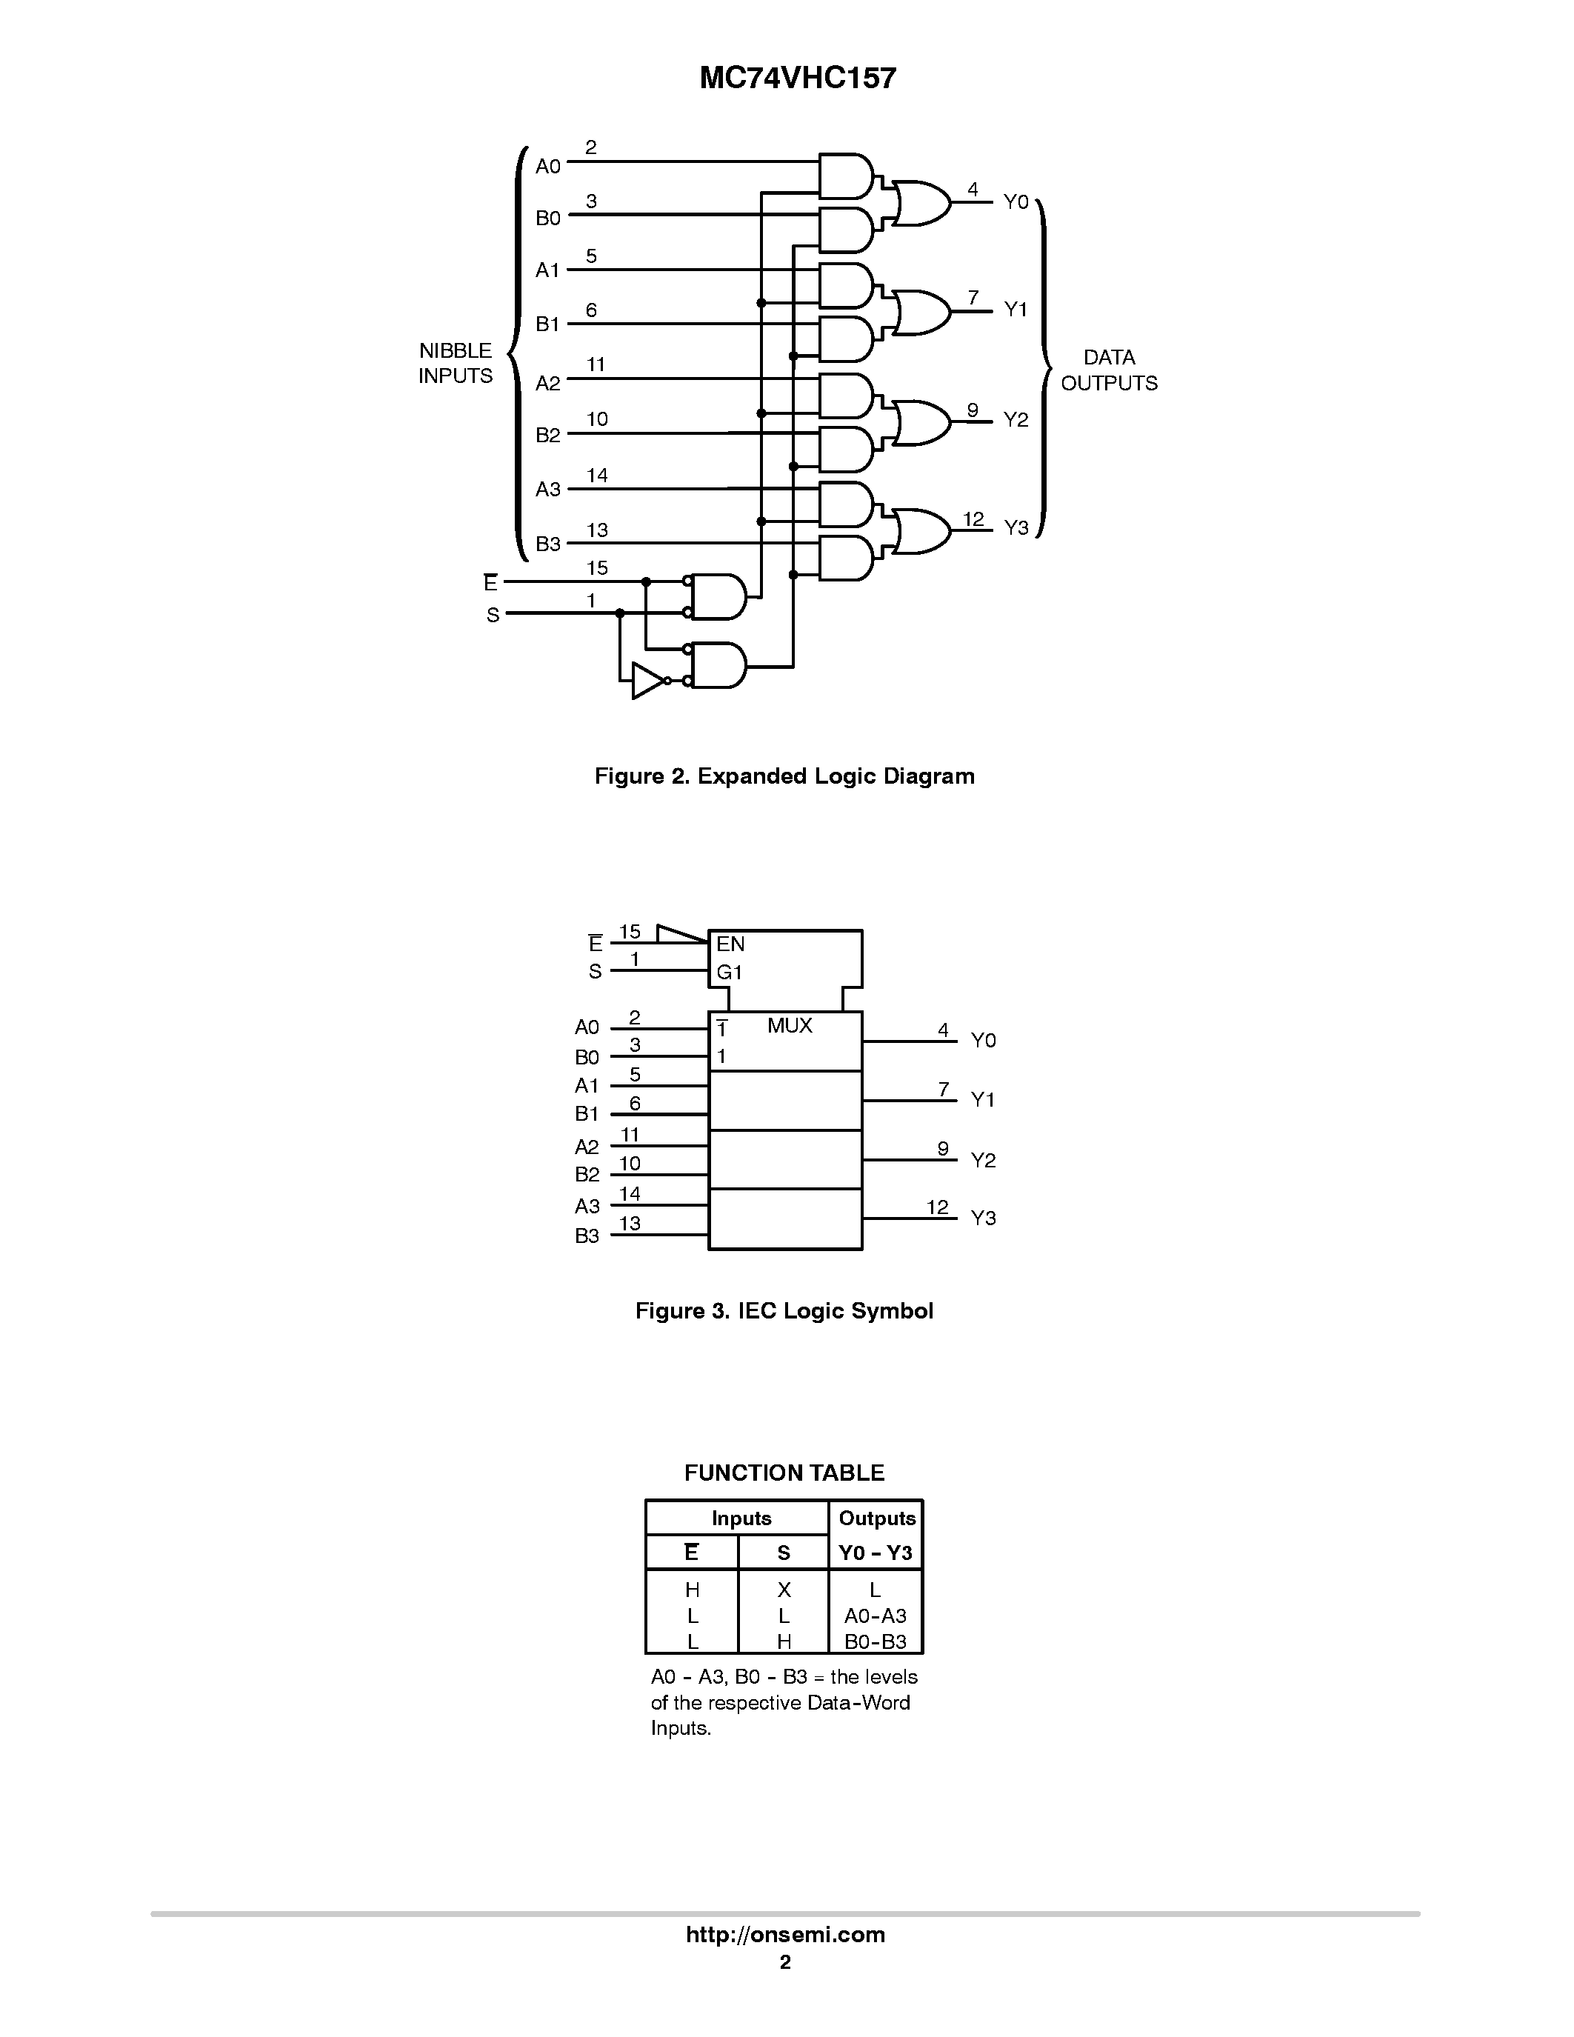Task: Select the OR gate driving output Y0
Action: [x=921, y=203]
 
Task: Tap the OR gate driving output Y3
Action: [x=921, y=530]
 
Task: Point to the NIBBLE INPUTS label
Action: [x=455, y=364]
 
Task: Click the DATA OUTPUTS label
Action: [x=1109, y=370]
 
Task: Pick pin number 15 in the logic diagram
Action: [x=597, y=568]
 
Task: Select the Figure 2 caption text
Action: [x=784, y=776]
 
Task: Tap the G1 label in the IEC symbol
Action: [x=729, y=973]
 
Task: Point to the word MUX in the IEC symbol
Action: [x=790, y=1026]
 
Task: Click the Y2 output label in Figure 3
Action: [x=983, y=1160]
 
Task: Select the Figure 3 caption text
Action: [x=783, y=1311]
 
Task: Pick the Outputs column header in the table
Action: [x=876, y=1518]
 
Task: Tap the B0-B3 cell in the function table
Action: [x=875, y=1641]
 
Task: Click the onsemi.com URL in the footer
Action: [x=785, y=1934]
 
